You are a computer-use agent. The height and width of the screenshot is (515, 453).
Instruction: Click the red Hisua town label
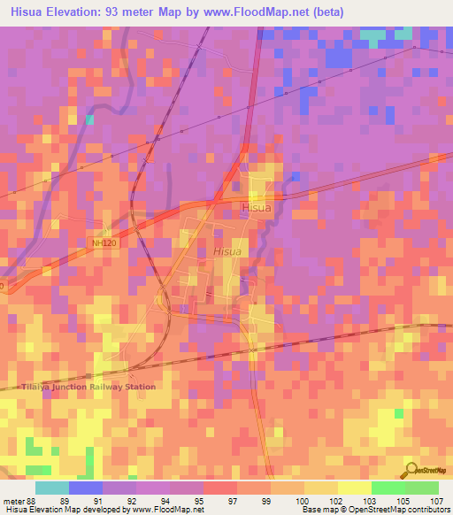pos(255,207)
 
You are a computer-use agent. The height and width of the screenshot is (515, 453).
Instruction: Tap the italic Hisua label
pos(227,252)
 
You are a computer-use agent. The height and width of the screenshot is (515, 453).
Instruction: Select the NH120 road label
pos(104,242)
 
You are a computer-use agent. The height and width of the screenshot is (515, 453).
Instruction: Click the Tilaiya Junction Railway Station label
pos(88,387)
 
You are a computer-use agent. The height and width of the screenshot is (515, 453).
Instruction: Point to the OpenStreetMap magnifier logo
pos(411,470)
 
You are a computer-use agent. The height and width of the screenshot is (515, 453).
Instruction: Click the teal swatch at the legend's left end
pos(51,488)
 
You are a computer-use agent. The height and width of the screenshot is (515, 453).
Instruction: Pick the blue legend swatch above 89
pos(85,488)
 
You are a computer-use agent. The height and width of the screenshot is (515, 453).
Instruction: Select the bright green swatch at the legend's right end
pos(421,488)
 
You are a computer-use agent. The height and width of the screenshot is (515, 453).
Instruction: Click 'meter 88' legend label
pos(19,500)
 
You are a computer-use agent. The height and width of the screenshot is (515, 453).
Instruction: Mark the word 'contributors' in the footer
pos(427,511)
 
